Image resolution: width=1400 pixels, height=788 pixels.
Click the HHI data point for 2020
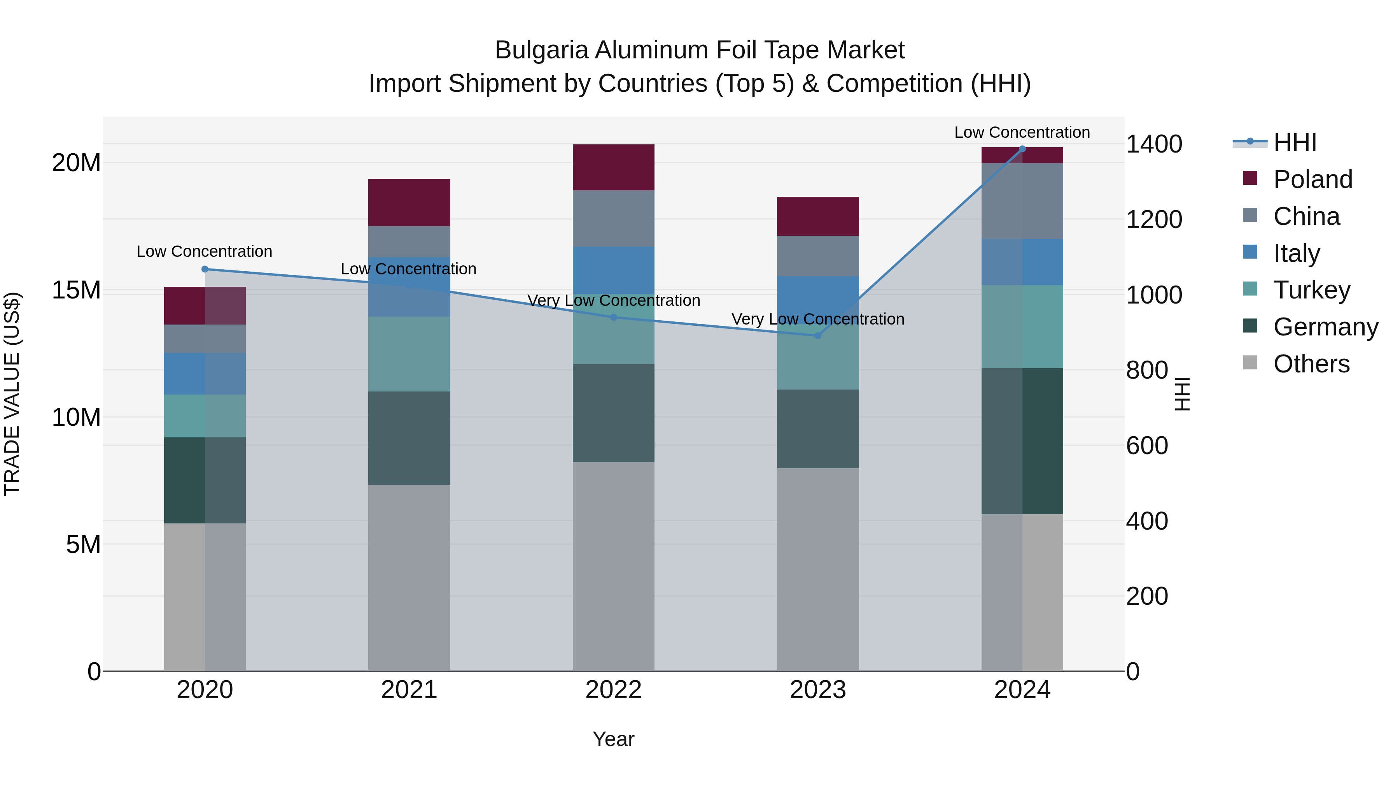pos(205,269)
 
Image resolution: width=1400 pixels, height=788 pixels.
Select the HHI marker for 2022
pos(614,317)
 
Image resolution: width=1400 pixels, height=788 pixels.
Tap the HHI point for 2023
pos(818,335)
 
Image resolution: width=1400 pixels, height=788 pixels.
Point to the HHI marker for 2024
pos(1022,149)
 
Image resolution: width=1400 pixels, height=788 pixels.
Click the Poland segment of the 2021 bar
pos(409,202)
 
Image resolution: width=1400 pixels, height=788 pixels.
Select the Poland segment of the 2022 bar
pos(614,167)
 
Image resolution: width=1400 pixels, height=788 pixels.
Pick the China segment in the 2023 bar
pos(818,256)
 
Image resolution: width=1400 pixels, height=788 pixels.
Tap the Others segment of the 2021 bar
pos(409,577)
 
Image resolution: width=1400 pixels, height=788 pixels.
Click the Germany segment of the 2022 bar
pos(614,413)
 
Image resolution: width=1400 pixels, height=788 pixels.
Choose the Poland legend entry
pos(1312,179)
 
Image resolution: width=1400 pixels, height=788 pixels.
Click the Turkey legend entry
pos(1311,290)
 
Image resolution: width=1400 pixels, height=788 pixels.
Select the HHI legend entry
pos(1295,142)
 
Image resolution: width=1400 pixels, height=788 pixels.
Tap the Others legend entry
pos(1311,364)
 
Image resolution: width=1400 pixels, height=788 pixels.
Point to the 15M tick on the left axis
pos(76,290)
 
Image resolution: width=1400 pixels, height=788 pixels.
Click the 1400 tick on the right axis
pos(1154,144)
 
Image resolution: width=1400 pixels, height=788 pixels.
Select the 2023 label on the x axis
pos(818,690)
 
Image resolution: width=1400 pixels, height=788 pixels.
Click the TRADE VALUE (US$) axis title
pos(12,394)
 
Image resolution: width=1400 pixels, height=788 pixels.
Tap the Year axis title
pos(614,739)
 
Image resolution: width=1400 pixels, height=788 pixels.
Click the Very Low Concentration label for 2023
pos(818,319)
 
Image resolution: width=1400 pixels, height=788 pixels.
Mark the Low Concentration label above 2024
pos(1022,132)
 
